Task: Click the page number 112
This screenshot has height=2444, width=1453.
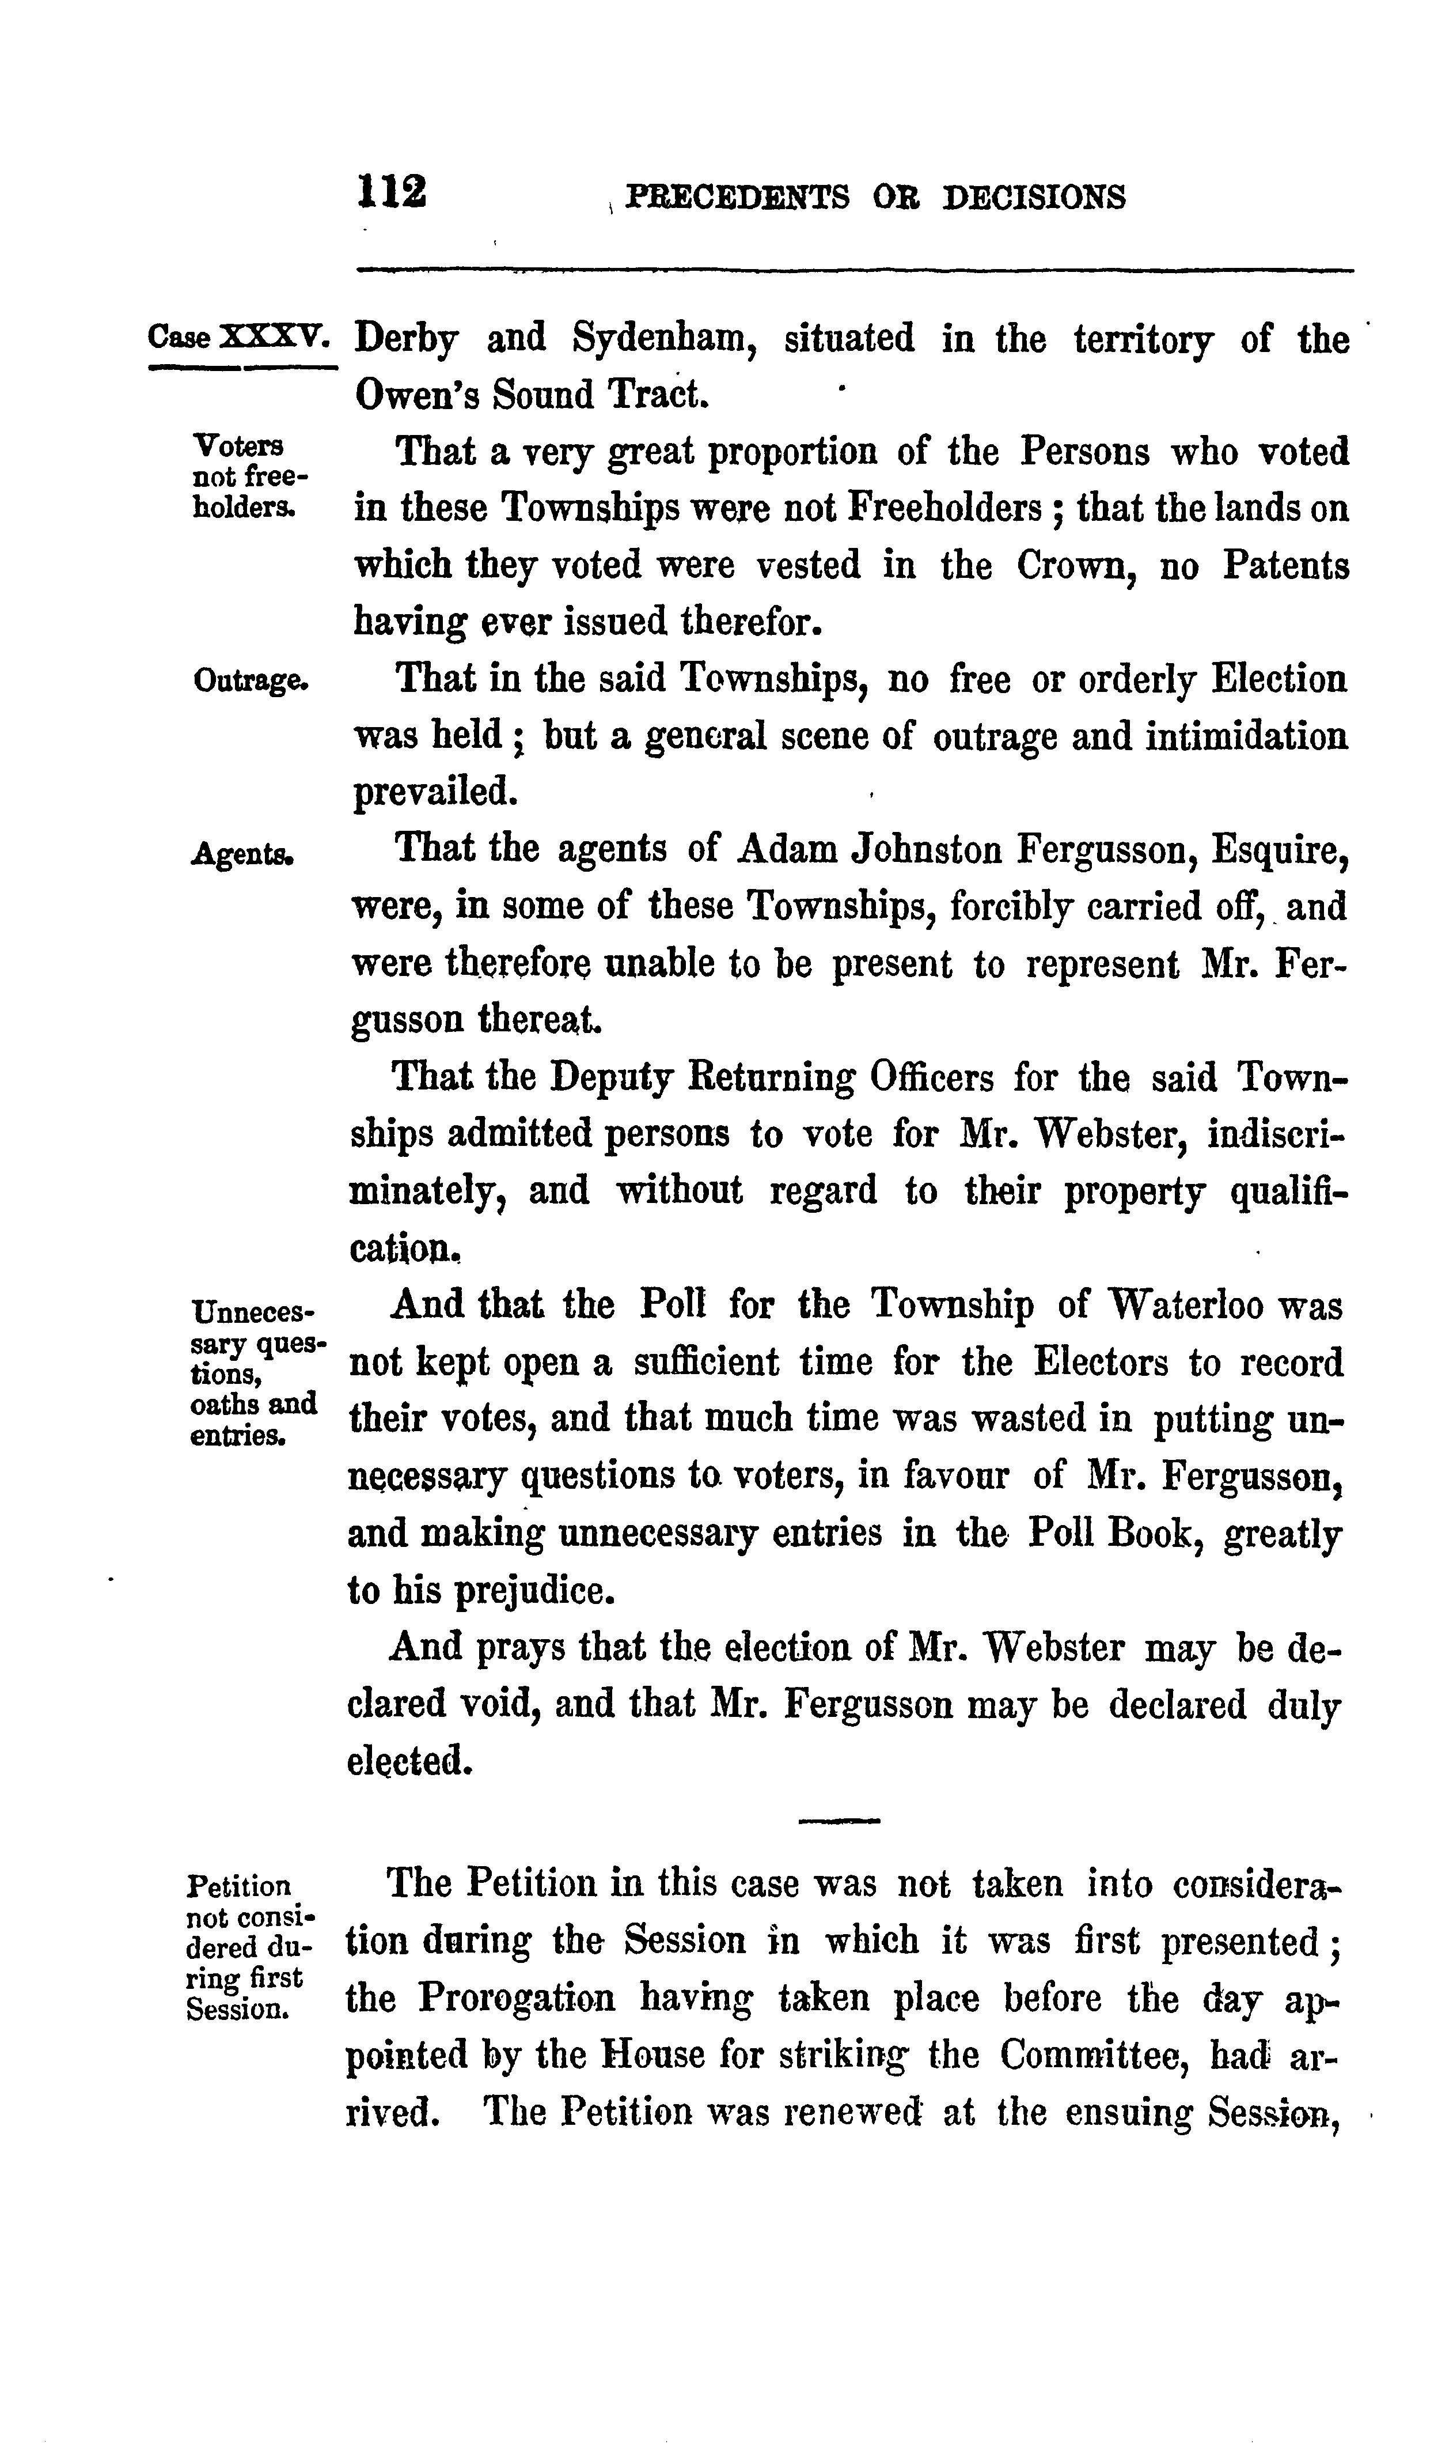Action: point(393,191)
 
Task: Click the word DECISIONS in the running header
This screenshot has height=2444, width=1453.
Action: point(1034,197)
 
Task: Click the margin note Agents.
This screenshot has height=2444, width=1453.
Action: point(242,853)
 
